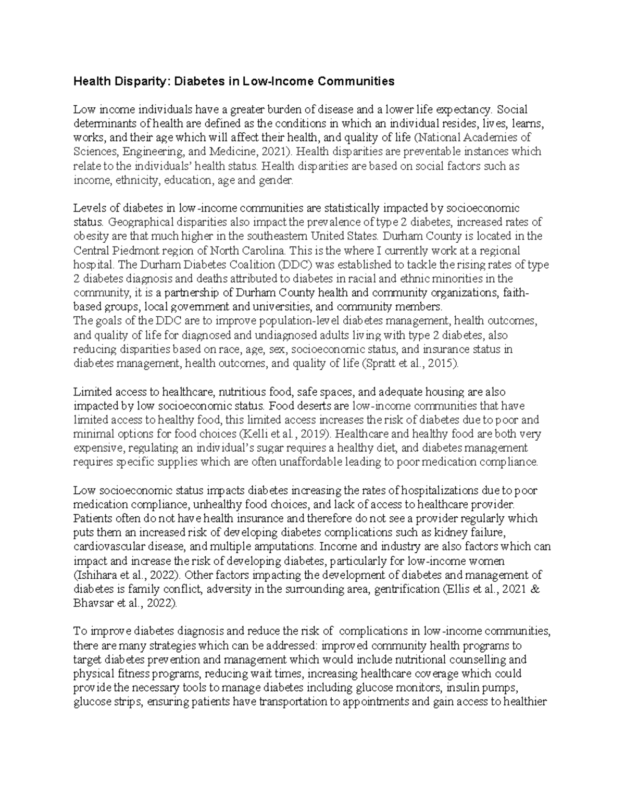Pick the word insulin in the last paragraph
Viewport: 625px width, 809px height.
[483, 688]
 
